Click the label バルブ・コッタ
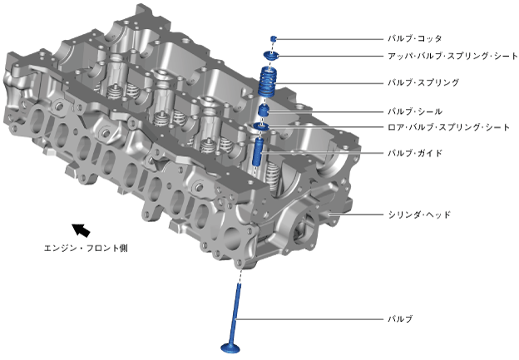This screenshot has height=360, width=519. pos(415,39)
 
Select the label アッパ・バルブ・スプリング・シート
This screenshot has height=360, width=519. pos(452,56)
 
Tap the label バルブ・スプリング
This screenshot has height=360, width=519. pos(423,82)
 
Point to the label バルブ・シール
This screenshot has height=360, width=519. pos(415,111)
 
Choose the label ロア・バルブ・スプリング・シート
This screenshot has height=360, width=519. pos(448,127)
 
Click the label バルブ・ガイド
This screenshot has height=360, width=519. pos(415,153)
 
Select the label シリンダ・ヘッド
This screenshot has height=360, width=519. pos(419,215)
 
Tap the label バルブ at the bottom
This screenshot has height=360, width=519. pos(400,319)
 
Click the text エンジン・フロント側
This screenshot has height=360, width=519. pos(86,248)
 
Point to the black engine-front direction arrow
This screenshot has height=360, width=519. pos(82,230)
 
